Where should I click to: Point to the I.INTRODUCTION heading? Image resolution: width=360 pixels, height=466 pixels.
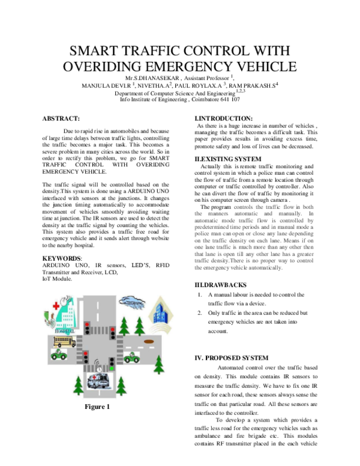point(224,118)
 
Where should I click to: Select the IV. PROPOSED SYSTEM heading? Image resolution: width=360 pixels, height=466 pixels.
point(235,358)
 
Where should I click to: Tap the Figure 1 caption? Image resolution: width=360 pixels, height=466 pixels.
point(97,408)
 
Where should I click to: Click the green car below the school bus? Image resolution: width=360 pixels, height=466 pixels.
point(59,356)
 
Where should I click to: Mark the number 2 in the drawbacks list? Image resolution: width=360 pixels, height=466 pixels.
point(199,313)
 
